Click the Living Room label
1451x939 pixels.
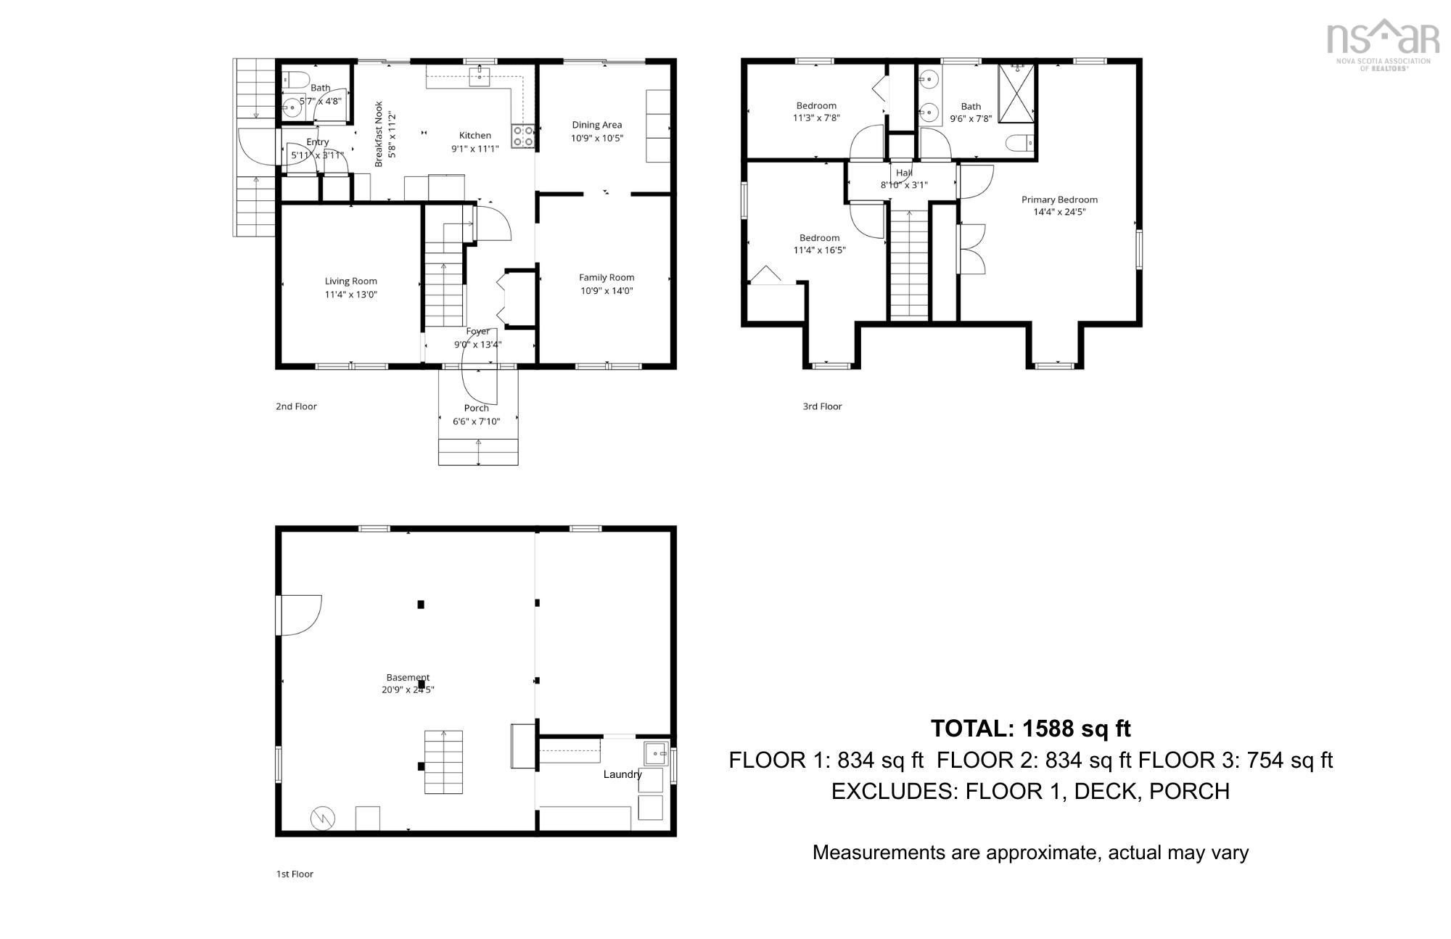coord(350,281)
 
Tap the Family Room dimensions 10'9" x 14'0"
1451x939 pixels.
coord(607,291)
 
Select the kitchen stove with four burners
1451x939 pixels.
coord(523,136)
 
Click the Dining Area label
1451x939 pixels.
coord(596,125)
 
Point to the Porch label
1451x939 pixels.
coord(477,408)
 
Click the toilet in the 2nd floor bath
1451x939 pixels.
coord(295,78)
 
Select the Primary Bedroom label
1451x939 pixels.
coord(1059,200)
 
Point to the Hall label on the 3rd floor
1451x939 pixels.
coord(904,173)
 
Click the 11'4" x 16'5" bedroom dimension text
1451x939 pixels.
coord(820,250)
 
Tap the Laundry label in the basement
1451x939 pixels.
coord(622,774)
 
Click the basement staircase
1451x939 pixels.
coord(443,762)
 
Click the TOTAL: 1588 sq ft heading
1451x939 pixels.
coord(1030,728)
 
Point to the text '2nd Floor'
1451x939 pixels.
coord(296,406)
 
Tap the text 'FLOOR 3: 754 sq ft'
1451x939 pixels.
coord(1236,760)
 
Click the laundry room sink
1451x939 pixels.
coord(656,753)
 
